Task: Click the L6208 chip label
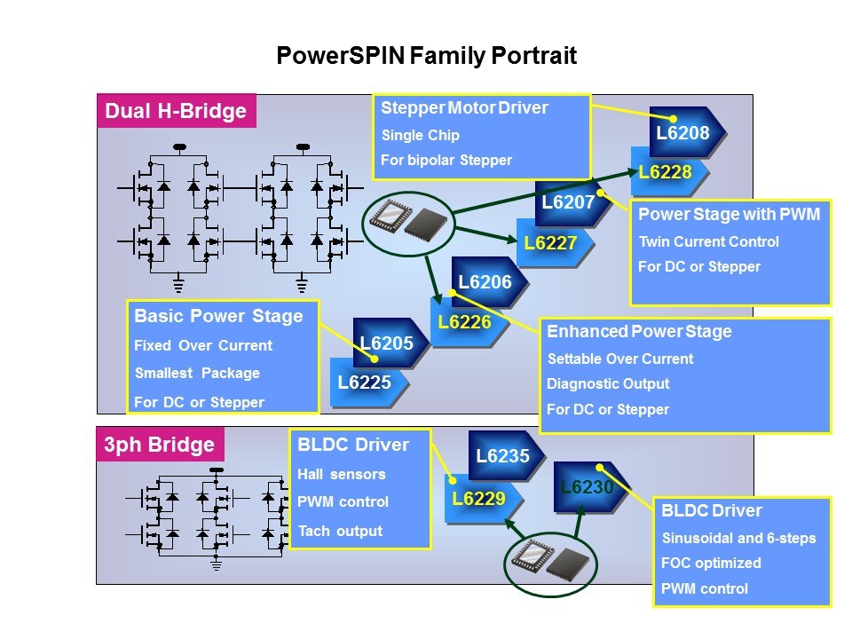click(682, 133)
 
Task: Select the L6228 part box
click(665, 172)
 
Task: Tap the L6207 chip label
click(567, 203)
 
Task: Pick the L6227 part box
click(550, 242)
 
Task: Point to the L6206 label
click(485, 282)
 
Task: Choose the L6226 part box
click(464, 323)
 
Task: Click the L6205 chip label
click(387, 342)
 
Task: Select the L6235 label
click(502, 456)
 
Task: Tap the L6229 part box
click(478, 498)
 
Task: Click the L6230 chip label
click(586, 487)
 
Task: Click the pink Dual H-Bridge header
click(176, 112)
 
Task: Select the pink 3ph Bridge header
click(160, 445)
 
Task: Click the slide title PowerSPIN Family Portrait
click(427, 57)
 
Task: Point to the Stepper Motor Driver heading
click(464, 108)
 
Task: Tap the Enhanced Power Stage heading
click(639, 331)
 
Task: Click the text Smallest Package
click(197, 374)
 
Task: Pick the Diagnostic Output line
click(608, 384)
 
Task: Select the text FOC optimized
click(711, 563)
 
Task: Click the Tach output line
click(340, 531)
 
